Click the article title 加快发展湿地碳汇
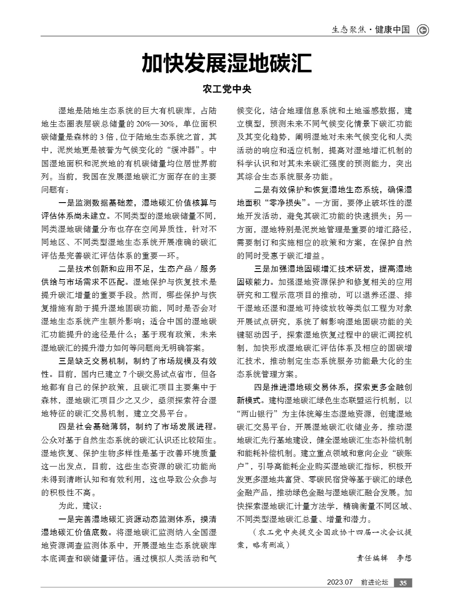(x=226, y=64)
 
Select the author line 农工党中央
(x=226, y=89)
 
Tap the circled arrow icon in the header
(x=423, y=30)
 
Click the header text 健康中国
(x=393, y=30)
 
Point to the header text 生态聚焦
(x=348, y=30)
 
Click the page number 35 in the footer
(x=403, y=583)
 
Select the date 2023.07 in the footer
(x=340, y=583)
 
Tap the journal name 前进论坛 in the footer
(x=374, y=583)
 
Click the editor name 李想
(x=404, y=558)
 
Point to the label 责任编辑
(x=372, y=558)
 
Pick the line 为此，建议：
(x=80, y=505)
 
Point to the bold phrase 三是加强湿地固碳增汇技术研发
(x=313, y=269)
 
